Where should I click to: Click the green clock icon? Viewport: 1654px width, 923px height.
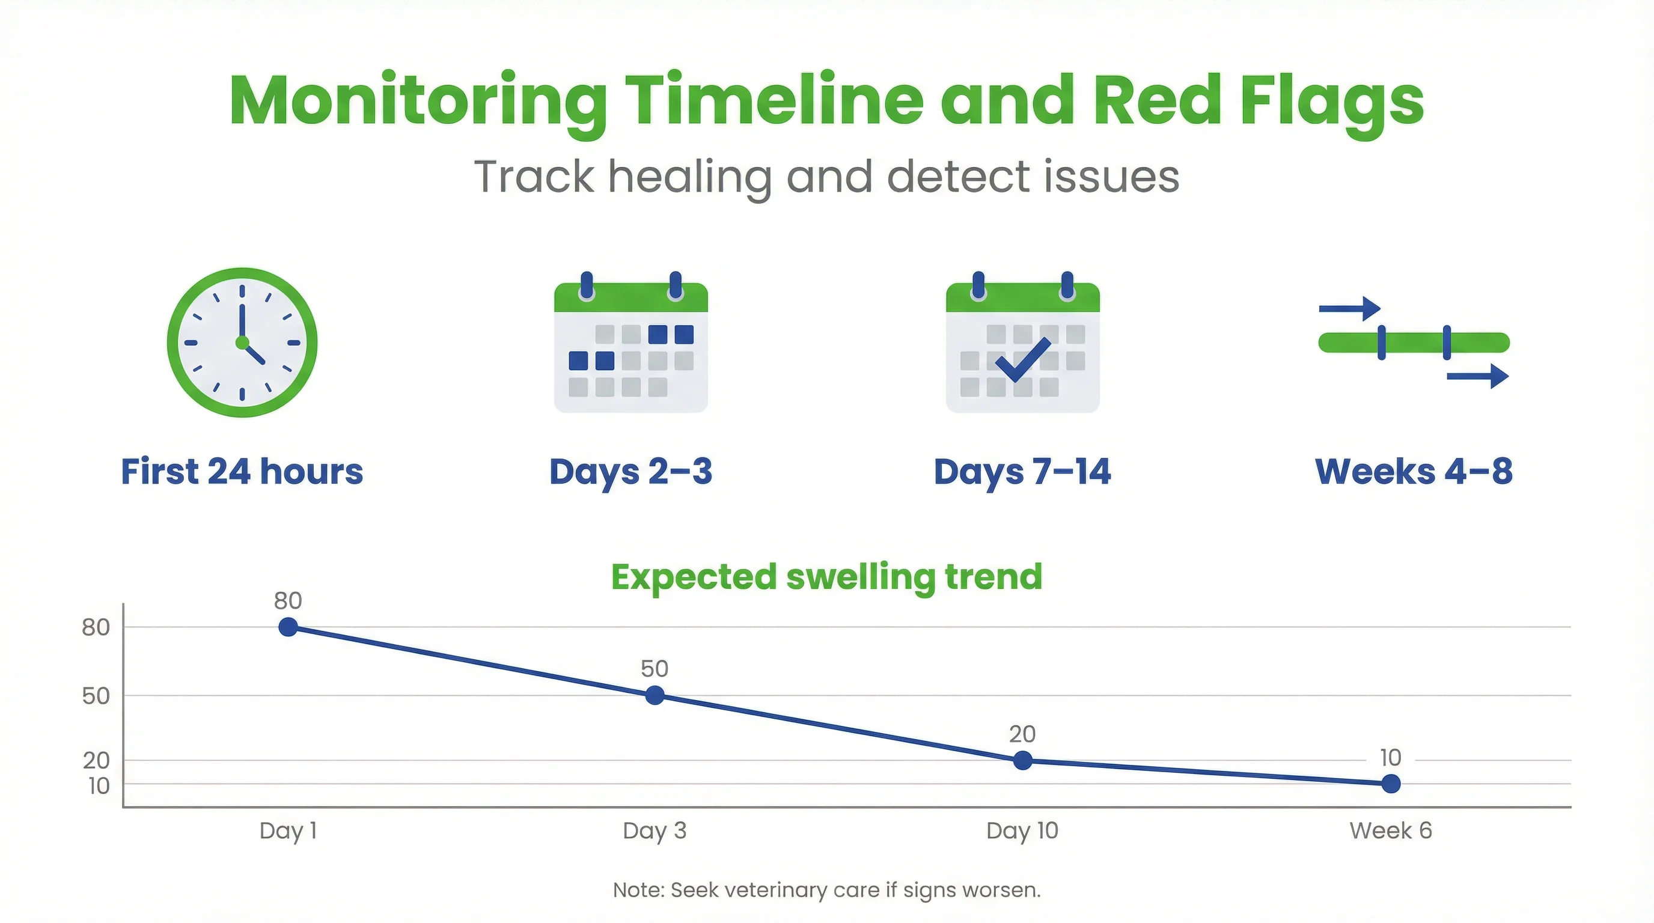[x=242, y=343]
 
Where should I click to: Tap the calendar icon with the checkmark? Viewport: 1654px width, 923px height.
[x=1022, y=347]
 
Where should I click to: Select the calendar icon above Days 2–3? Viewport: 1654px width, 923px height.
[x=630, y=347]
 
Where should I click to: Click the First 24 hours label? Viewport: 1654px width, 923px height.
[x=242, y=472]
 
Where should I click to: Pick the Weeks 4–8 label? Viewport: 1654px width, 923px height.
[x=1414, y=472]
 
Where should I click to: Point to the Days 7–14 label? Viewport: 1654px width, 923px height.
[x=1022, y=472]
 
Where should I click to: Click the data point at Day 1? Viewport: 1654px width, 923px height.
[x=288, y=627]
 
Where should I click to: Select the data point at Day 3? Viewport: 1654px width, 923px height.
[x=655, y=695]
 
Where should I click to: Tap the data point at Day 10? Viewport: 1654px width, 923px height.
[x=1022, y=761]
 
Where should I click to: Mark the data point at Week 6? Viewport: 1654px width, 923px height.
[x=1390, y=784]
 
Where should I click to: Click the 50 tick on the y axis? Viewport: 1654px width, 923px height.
[x=96, y=696]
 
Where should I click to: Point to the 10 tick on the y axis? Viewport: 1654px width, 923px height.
[x=99, y=785]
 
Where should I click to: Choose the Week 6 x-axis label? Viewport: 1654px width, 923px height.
[x=1390, y=830]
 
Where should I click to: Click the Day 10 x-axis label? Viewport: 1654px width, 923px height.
[x=1022, y=830]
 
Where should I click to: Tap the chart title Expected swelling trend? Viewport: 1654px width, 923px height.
[x=826, y=576]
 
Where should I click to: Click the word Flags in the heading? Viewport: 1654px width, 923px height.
[x=1332, y=102]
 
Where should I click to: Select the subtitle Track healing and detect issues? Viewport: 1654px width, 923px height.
[x=826, y=177]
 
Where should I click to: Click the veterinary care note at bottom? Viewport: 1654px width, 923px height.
[x=826, y=891]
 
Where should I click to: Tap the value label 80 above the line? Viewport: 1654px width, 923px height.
[x=288, y=601]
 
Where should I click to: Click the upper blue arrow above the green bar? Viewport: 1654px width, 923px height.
[x=1350, y=309]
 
